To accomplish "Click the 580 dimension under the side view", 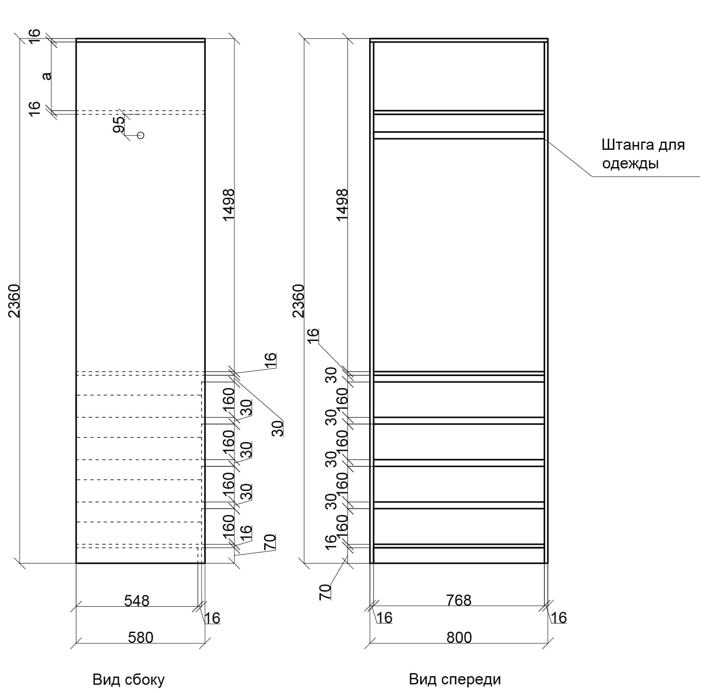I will point(140,637).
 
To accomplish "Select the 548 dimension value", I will point(136,600).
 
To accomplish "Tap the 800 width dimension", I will point(459,637).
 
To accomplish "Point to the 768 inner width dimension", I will point(459,600).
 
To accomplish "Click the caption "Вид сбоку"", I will point(129,680).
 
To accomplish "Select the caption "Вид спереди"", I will point(455,679).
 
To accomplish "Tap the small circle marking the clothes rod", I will point(140,135).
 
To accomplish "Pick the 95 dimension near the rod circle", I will point(119,124).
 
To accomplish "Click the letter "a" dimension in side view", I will point(47,76).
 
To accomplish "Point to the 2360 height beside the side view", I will point(15,301).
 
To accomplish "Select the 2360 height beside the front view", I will point(299,301).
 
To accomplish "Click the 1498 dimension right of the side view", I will point(228,205).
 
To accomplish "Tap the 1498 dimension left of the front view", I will point(342,205).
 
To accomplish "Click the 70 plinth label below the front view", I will point(325,592).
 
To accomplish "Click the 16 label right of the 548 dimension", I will point(212,618).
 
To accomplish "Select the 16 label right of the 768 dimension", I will point(559,618).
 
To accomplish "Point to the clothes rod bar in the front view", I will point(458,135).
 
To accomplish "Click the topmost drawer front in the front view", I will point(458,399).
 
